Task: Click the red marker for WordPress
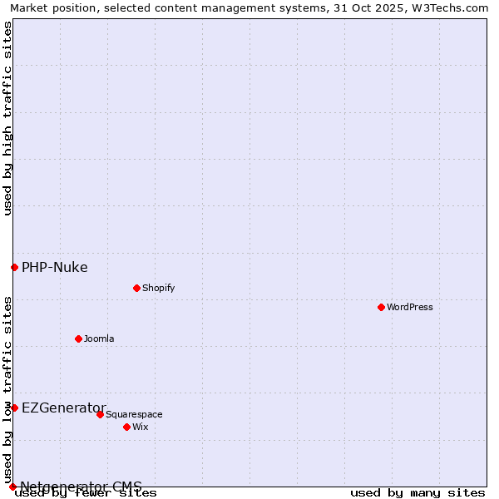pyautogui.click(x=382, y=307)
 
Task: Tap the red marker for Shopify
pyautogui.click(x=136, y=288)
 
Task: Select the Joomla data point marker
pyautogui.click(x=79, y=338)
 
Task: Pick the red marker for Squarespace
pyautogui.click(x=101, y=414)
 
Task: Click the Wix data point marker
pyautogui.click(x=127, y=427)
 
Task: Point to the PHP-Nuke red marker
pyautogui.click(x=14, y=267)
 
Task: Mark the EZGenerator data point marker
pyautogui.click(x=14, y=408)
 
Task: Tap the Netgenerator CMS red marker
pyautogui.click(x=12, y=487)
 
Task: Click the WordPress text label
pyautogui.click(x=410, y=307)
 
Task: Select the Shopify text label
pyautogui.click(x=158, y=288)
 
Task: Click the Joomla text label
pyautogui.click(x=99, y=338)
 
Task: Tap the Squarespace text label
pyautogui.click(x=134, y=414)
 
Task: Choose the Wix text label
pyautogui.click(x=140, y=427)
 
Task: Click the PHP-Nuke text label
pyautogui.click(x=55, y=267)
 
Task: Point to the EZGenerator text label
pyautogui.click(x=64, y=408)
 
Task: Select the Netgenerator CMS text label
pyautogui.click(x=81, y=487)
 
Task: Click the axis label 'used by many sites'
pyautogui.click(x=417, y=493)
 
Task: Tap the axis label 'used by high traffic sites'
pyautogui.click(x=7, y=119)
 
